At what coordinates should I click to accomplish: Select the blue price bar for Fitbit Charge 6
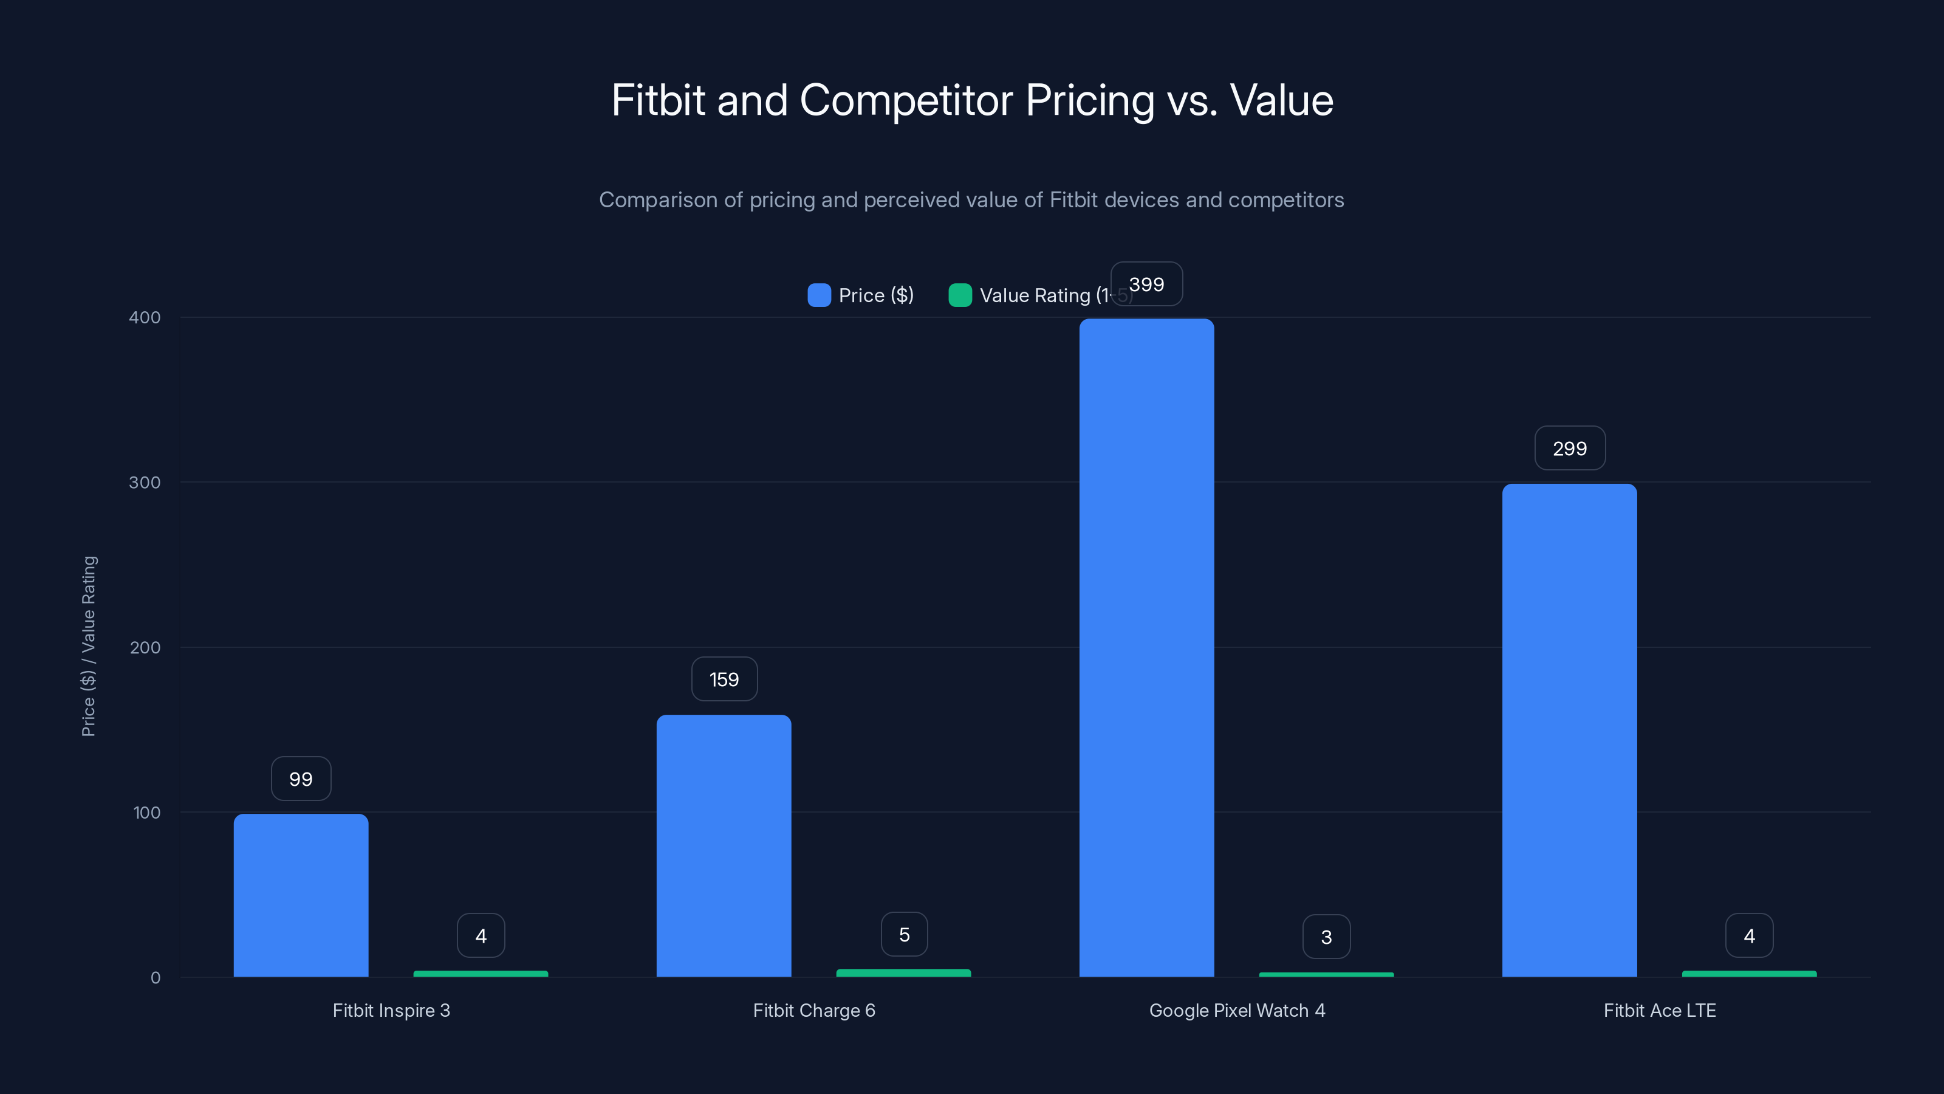coord(724,845)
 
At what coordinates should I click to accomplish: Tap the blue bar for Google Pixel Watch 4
coord(1146,648)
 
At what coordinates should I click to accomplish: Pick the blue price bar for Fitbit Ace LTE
coord(1569,730)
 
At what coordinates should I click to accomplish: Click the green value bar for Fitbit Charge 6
coord(903,972)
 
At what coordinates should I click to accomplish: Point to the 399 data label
coord(1146,284)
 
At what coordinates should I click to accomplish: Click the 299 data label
coord(1570,449)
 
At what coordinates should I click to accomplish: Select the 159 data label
coord(724,679)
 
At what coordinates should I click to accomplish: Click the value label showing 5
coord(904,935)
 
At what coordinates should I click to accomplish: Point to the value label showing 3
coord(1326,937)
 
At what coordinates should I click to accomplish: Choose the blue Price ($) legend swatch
coord(819,295)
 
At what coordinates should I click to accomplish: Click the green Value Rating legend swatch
coord(960,295)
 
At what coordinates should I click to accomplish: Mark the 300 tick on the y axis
coord(145,483)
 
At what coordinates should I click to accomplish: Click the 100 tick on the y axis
coord(146,813)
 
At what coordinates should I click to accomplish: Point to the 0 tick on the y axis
coord(156,978)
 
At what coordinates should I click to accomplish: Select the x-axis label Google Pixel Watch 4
coord(1237,1010)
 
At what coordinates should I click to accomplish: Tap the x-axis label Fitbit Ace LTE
coord(1660,1010)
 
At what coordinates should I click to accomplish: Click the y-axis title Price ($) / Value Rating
coord(88,646)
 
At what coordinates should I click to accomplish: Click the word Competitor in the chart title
coord(906,100)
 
